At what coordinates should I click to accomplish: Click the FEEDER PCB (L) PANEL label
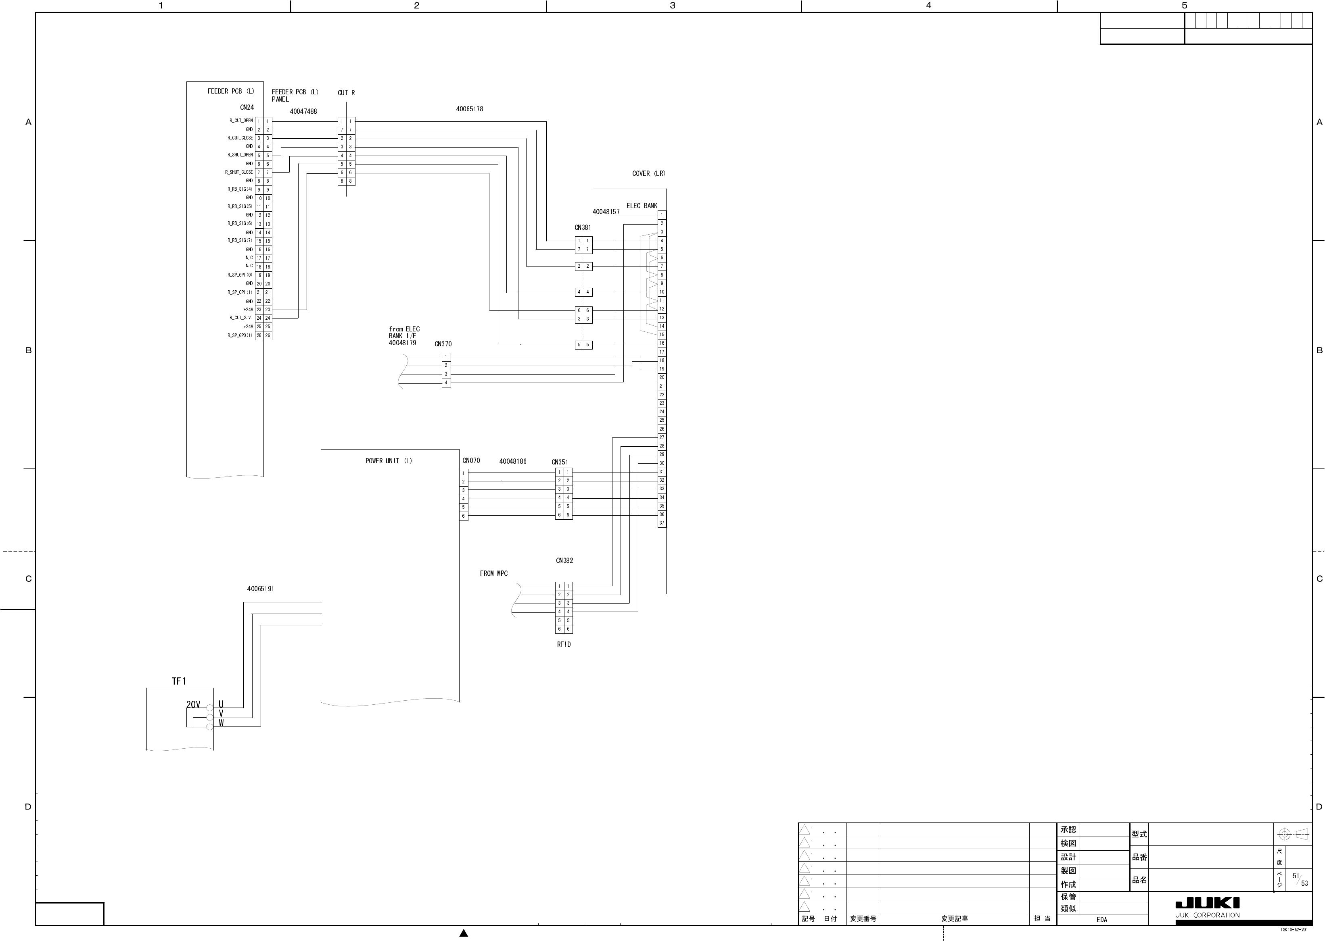pos(295,96)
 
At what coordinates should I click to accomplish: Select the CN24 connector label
pos(247,107)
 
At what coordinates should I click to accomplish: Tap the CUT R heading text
pos(346,93)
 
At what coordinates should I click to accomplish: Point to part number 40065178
pos(469,109)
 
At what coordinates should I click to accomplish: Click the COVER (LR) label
pos(648,173)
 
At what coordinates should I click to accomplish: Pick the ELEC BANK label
pos(642,206)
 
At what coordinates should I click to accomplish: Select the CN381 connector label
pos(583,228)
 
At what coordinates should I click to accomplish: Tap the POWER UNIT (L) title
pos(389,461)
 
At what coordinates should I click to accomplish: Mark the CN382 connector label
pos(564,560)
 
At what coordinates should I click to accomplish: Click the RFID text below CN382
pos(564,644)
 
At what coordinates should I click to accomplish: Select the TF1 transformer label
pos(179,681)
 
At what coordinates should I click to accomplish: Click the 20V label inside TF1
pos(193,705)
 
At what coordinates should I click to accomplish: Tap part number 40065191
pos(260,589)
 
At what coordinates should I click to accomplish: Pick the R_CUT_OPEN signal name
pos(240,121)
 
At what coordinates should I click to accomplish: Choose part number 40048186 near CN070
pos(512,462)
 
